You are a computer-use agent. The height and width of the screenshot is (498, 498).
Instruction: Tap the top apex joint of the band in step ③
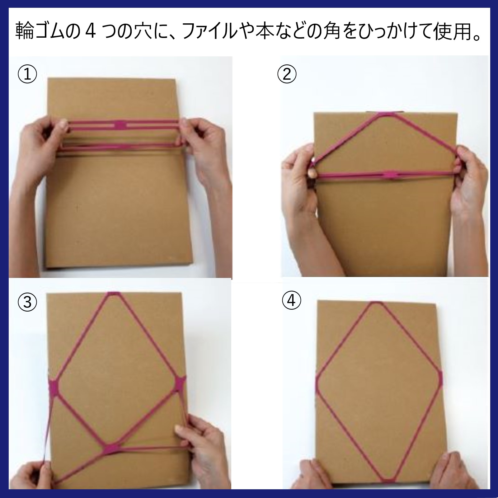pos(113,294)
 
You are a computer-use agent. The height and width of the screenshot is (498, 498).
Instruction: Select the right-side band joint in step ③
pos(180,385)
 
